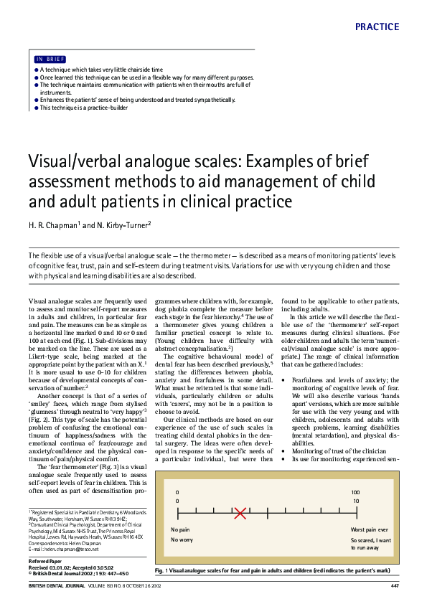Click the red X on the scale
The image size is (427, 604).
point(240,513)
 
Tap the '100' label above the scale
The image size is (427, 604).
point(355,492)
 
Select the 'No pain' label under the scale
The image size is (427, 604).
point(181,529)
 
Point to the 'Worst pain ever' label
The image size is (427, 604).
point(370,529)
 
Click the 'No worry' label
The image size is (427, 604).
point(182,539)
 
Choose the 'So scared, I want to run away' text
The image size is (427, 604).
point(370,543)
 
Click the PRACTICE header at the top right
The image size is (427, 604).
point(377,27)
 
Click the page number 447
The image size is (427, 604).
point(394,588)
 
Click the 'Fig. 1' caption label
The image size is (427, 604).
point(162,570)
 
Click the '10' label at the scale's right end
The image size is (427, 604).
point(356,501)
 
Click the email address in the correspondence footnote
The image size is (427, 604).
point(77,549)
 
